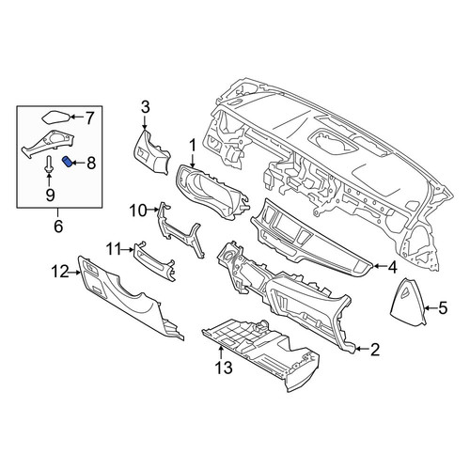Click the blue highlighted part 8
tap(68, 162)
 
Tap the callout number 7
tap(89, 118)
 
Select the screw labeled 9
tap(49, 164)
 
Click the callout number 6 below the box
tap(58, 227)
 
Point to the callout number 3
tap(145, 107)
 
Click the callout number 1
tap(193, 146)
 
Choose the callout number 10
tap(139, 211)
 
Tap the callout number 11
tap(113, 250)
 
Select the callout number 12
tap(60, 273)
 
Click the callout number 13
tap(224, 368)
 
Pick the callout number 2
tap(375, 350)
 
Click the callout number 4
tap(392, 267)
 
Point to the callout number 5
tap(442, 308)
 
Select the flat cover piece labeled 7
tap(55, 117)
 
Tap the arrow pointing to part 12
tap(74, 273)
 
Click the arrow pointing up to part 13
tap(221, 352)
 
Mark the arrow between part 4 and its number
tap(379, 267)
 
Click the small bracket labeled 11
tap(154, 261)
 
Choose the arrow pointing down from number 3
tap(145, 122)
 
